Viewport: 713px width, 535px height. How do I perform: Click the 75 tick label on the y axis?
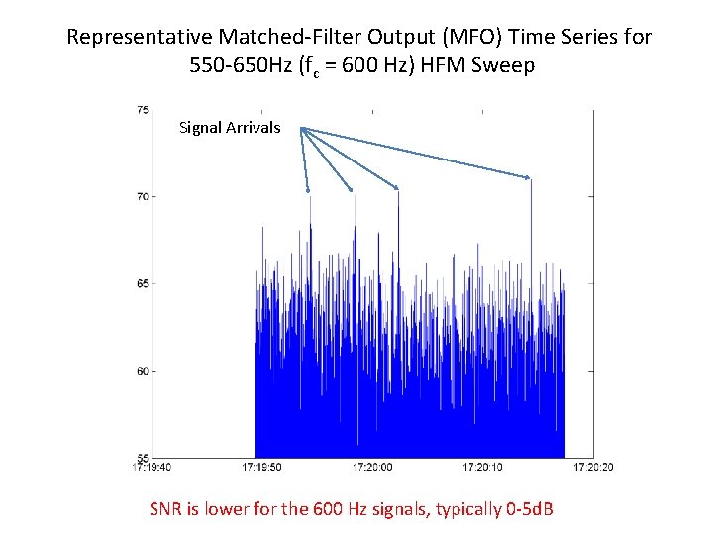coord(143,110)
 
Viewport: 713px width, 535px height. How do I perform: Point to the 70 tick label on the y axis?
coord(143,197)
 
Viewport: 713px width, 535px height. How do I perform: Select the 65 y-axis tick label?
coord(143,284)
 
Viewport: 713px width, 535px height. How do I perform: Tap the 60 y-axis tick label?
coord(143,372)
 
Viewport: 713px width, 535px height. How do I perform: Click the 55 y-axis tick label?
coord(143,458)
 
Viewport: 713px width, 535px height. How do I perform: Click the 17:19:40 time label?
coord(152,467)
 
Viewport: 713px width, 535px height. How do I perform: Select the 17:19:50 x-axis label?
coord(261,467)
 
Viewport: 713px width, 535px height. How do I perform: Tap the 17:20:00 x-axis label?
coord(371,467)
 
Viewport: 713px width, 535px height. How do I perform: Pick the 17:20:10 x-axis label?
coord(481,467)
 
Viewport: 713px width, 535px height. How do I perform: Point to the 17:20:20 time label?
coord(592,467)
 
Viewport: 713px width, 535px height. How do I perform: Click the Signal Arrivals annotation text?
coord(230,128)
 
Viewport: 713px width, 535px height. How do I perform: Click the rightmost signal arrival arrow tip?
coord(529,178)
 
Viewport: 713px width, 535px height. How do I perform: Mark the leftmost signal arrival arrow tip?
coord(308,190)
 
